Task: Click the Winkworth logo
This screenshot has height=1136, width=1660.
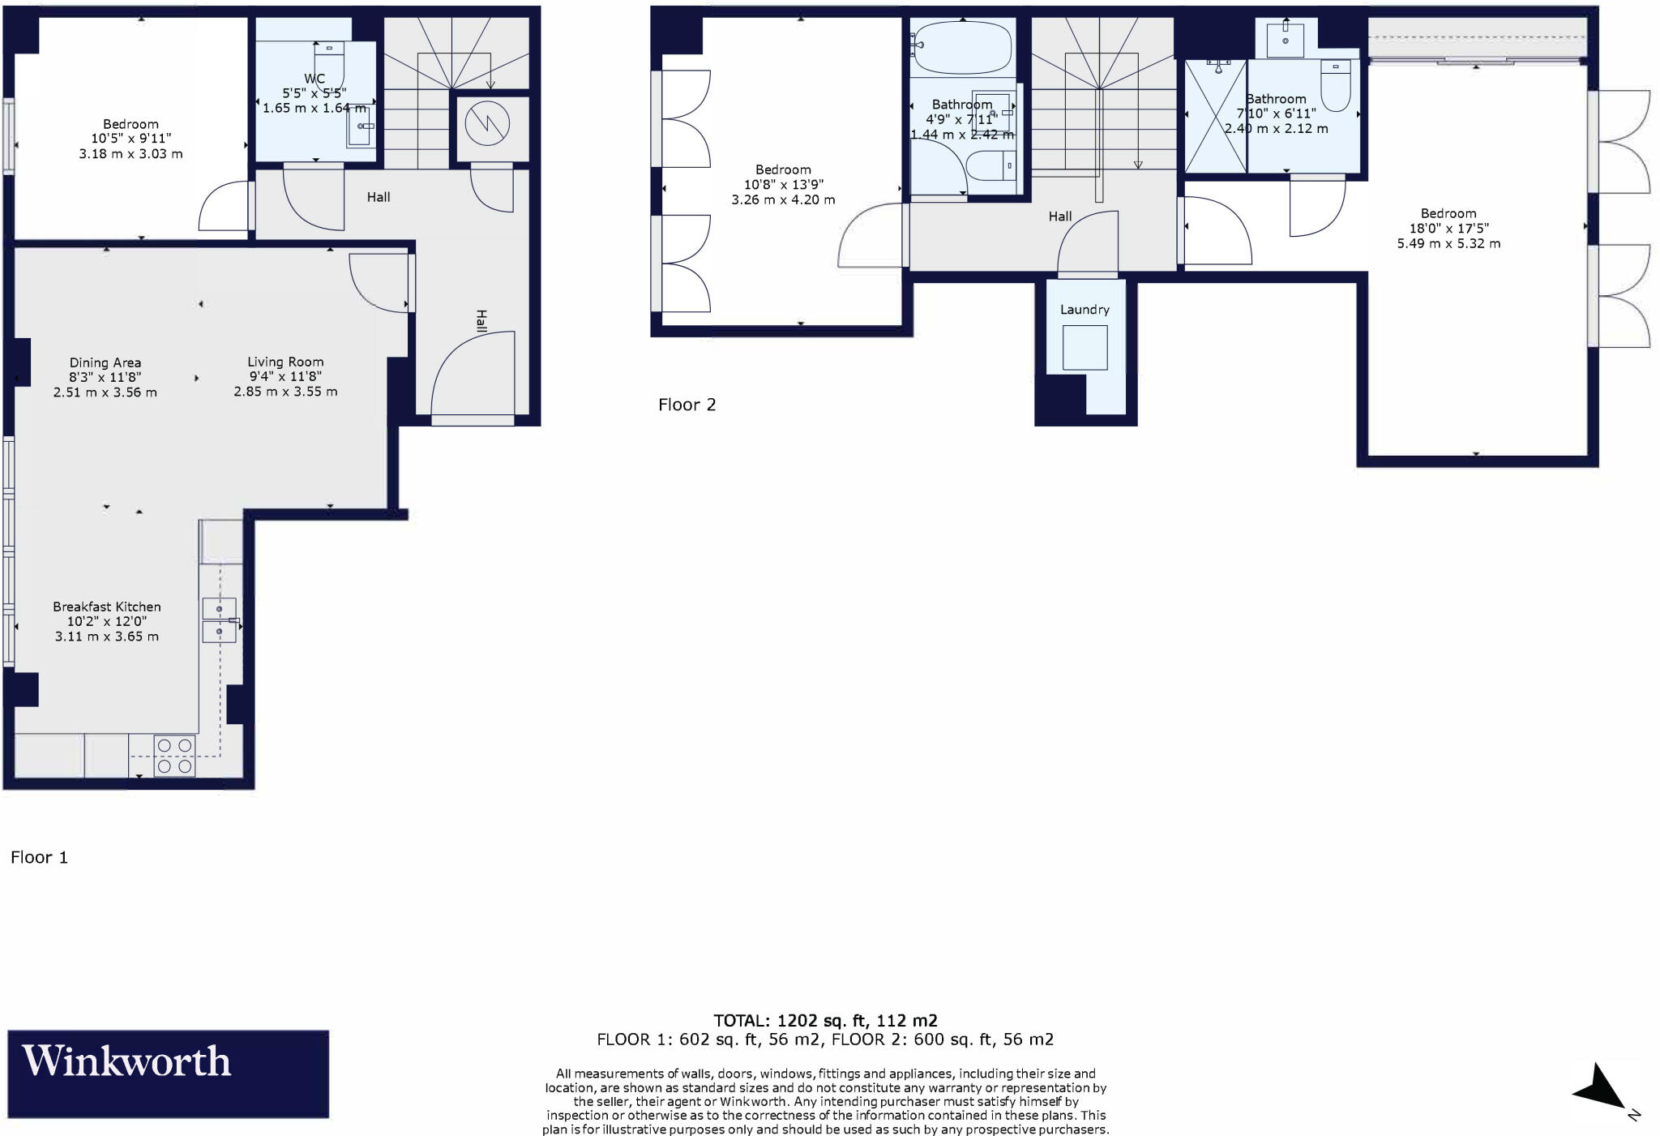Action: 168,1073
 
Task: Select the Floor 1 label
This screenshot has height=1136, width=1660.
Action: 39,857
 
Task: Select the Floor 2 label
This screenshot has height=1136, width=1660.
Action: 687,405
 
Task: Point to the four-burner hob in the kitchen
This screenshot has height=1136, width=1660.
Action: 174,755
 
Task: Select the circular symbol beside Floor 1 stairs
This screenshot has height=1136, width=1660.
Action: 487,125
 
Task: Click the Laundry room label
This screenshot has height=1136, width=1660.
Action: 1085,309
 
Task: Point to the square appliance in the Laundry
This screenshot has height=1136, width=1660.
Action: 1085,347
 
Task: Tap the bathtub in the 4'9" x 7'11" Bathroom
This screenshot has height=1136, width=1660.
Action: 962,47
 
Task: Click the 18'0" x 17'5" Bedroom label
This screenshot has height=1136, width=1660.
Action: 1448,228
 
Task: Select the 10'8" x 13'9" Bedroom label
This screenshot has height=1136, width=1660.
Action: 783,184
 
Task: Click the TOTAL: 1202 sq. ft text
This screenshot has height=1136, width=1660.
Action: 825,1020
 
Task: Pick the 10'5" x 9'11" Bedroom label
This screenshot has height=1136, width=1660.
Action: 130,139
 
